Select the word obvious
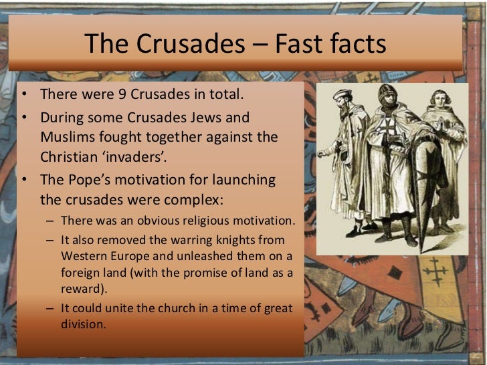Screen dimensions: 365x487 (x=151, y=220)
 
